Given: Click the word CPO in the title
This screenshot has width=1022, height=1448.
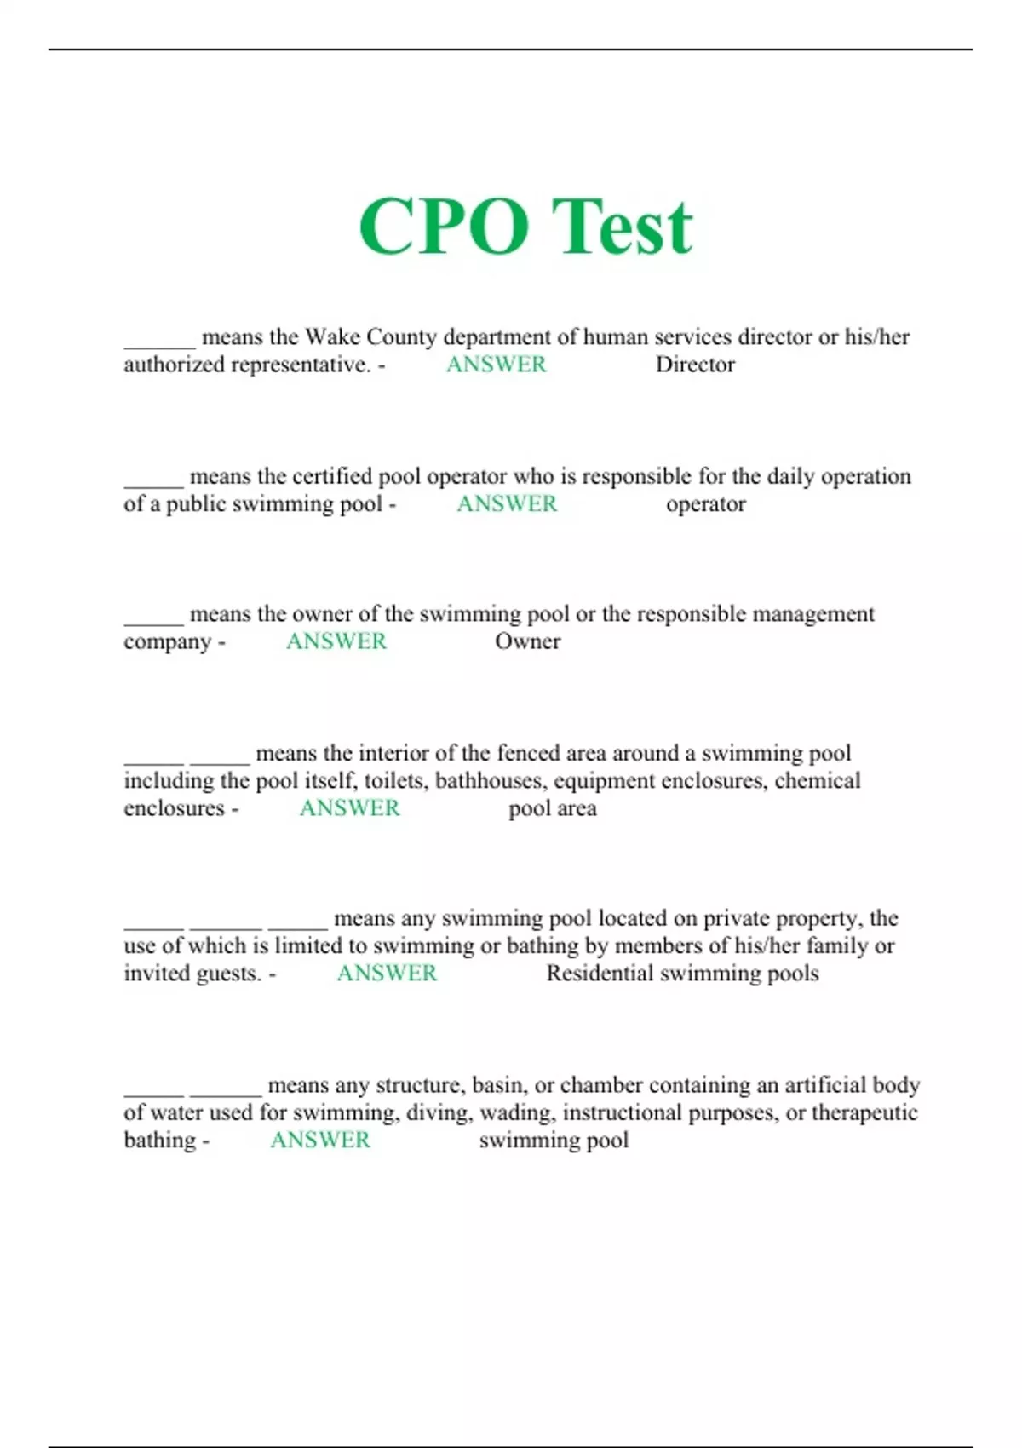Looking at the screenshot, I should pos(443,227).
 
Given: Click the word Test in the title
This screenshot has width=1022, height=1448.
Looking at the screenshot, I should pos(622,227).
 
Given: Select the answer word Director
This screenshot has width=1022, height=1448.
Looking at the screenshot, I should pos(695,365).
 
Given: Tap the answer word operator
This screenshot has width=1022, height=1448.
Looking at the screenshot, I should pos(705,504).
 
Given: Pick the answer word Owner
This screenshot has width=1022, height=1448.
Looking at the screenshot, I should pos(527,641).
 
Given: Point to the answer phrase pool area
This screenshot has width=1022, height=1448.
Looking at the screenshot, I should pos(552,808).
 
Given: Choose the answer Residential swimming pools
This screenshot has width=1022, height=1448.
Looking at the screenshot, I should pos(682,974).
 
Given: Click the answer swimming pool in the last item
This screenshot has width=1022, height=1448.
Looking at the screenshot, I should pos(554,1141).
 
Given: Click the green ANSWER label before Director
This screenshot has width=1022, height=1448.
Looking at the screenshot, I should pos(497,365).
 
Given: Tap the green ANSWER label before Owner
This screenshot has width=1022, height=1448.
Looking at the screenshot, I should pos(336,641).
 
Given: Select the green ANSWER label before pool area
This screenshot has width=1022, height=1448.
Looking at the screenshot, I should pos(349,808).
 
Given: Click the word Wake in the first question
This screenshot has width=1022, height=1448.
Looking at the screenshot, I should pos(332,337).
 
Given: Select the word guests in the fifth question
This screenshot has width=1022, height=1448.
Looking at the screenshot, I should pos(233,974).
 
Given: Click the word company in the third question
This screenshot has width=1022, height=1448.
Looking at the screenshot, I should pos(167,642).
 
